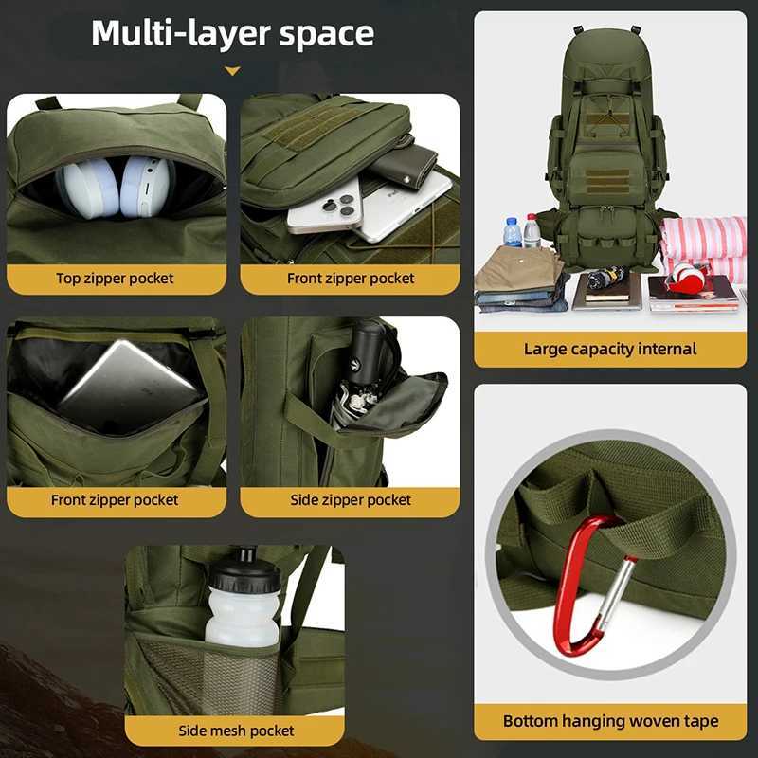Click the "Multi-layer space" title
pos(232,33)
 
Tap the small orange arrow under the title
pos(232,71)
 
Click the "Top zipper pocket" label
pos(116,279)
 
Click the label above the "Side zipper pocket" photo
pos(351,279)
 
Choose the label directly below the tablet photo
pos(116,500)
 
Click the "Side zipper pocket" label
pos(351,500)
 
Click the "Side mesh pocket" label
pos(236,731)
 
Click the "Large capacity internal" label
pos(610,349)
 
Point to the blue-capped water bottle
pos(513,232)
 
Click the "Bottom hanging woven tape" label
pos(610,722)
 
